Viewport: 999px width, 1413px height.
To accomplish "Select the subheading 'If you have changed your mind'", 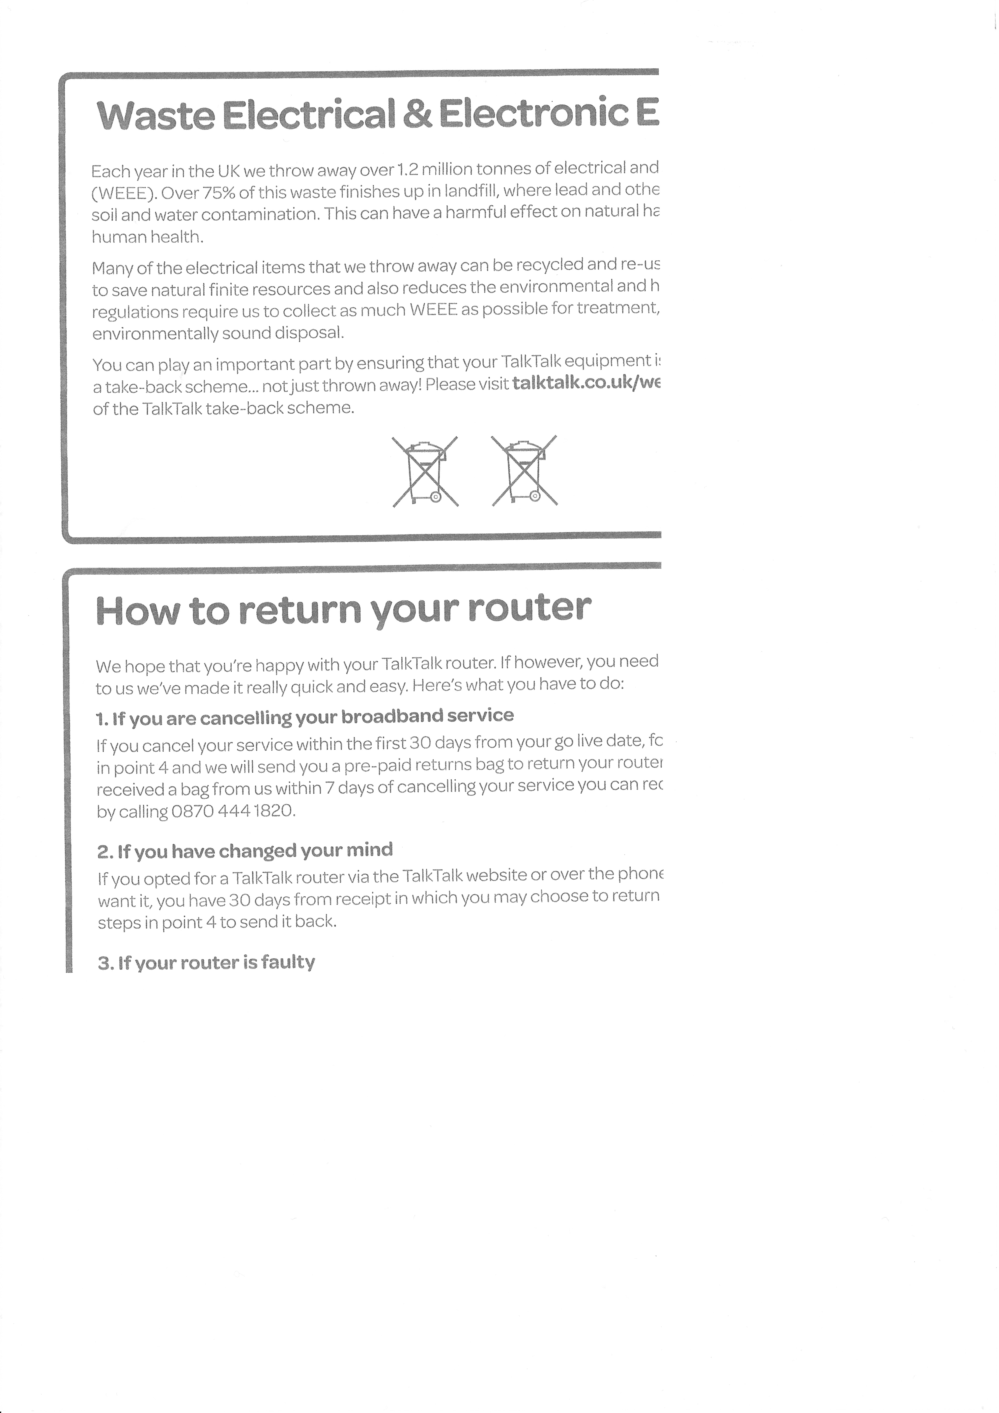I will pos(245,851).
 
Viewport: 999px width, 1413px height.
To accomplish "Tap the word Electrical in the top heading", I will pos(308,115).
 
